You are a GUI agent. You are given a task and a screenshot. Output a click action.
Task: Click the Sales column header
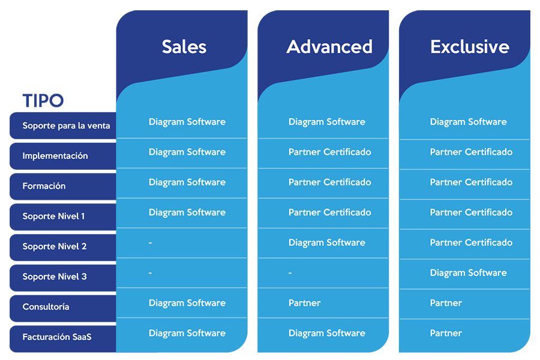(184, 47)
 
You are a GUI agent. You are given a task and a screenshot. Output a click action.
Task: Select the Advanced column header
(329, 47)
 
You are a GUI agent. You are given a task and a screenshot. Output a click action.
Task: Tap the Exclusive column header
(470, 47)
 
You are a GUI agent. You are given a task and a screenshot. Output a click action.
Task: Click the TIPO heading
(43, 101)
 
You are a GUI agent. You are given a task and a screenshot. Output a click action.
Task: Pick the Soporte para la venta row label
(66, 126)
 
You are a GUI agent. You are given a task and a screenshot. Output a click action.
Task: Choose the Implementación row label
(55, 156)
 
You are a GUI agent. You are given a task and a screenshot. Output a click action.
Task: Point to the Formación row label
(44, 186)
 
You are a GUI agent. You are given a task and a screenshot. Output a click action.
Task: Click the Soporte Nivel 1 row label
(53, 217)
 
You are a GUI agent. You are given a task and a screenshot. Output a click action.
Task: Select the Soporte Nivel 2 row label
(55, 247)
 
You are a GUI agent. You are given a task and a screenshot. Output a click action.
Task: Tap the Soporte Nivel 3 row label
(55, 277)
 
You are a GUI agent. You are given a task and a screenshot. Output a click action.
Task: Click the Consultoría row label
(46, 307)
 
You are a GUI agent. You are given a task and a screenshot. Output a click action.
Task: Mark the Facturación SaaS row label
(57, 337)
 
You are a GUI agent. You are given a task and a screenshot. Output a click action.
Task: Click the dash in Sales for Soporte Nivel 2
(150, 243)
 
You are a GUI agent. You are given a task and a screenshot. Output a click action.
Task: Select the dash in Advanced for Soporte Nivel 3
(290, 273)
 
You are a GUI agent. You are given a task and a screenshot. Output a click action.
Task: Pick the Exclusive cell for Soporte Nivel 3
(469, 273)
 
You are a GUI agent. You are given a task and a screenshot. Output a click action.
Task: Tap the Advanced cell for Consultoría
(304, 303)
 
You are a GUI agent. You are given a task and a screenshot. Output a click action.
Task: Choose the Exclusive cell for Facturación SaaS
(446, 333)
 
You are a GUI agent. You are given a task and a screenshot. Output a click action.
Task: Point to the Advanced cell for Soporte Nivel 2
(327, 242)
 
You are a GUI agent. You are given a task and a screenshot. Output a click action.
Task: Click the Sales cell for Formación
(187, 182)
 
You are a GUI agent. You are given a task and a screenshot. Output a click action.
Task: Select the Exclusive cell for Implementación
(471, 152)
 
